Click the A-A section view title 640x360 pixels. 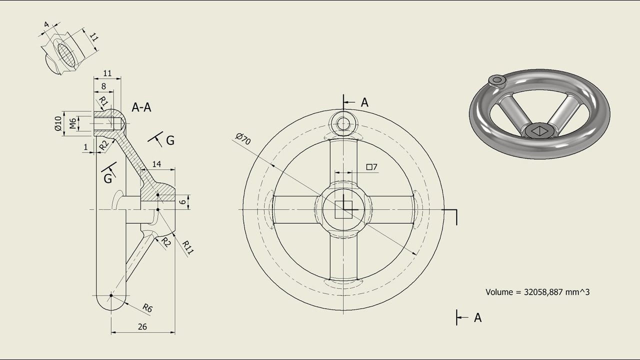pos(141,107)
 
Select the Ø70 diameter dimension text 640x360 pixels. pos(242,139)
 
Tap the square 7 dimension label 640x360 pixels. pos(371,167)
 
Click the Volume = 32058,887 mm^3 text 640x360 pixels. pos(537,291)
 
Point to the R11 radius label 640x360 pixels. pos(187,247)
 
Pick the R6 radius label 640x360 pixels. pos(147,308)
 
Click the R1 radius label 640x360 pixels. pos(103,102)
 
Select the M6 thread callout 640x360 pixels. pos(73,123)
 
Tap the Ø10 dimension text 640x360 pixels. pos(58,123)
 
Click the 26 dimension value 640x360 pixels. pos(142,327)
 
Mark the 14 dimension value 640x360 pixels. pos(156,164)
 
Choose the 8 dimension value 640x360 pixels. pos(103,86)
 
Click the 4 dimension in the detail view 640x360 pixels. pos(46,24)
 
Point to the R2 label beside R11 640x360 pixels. pos(166,242)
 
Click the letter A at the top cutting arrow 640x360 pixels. pos(364,102)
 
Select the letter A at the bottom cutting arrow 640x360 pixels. pos(477,317)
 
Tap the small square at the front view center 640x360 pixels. pos(343,209)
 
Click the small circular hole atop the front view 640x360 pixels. pos(343,123)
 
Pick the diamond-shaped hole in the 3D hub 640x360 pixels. pos(539,131)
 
